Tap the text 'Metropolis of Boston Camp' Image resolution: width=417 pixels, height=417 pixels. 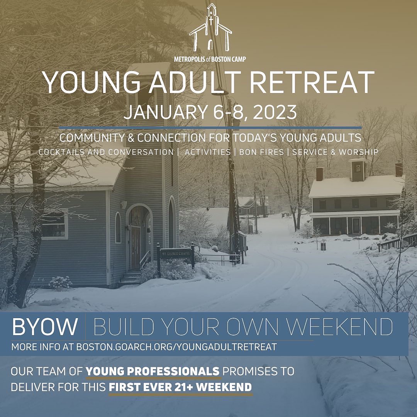point(210,59)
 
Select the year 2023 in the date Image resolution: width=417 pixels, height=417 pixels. point(275,112)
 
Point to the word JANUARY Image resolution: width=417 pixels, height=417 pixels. point(165,112)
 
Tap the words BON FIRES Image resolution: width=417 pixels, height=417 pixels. point(262,152)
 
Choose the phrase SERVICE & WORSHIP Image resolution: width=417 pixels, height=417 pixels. point(336,152)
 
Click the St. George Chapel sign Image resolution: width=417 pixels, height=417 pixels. point(176,253)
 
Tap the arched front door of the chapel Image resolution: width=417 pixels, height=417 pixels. point(136,247)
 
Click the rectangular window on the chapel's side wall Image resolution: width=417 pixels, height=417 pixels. point(54,224)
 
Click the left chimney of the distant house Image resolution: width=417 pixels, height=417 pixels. point(319,174)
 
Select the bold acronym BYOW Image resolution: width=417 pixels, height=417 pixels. point(45,326)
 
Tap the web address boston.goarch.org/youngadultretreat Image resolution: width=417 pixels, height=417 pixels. point(176,347)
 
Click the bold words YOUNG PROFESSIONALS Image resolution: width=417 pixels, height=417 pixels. point(153,371)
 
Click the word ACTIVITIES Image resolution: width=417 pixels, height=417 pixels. point(208,152)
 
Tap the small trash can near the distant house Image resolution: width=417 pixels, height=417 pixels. point(323,246)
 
